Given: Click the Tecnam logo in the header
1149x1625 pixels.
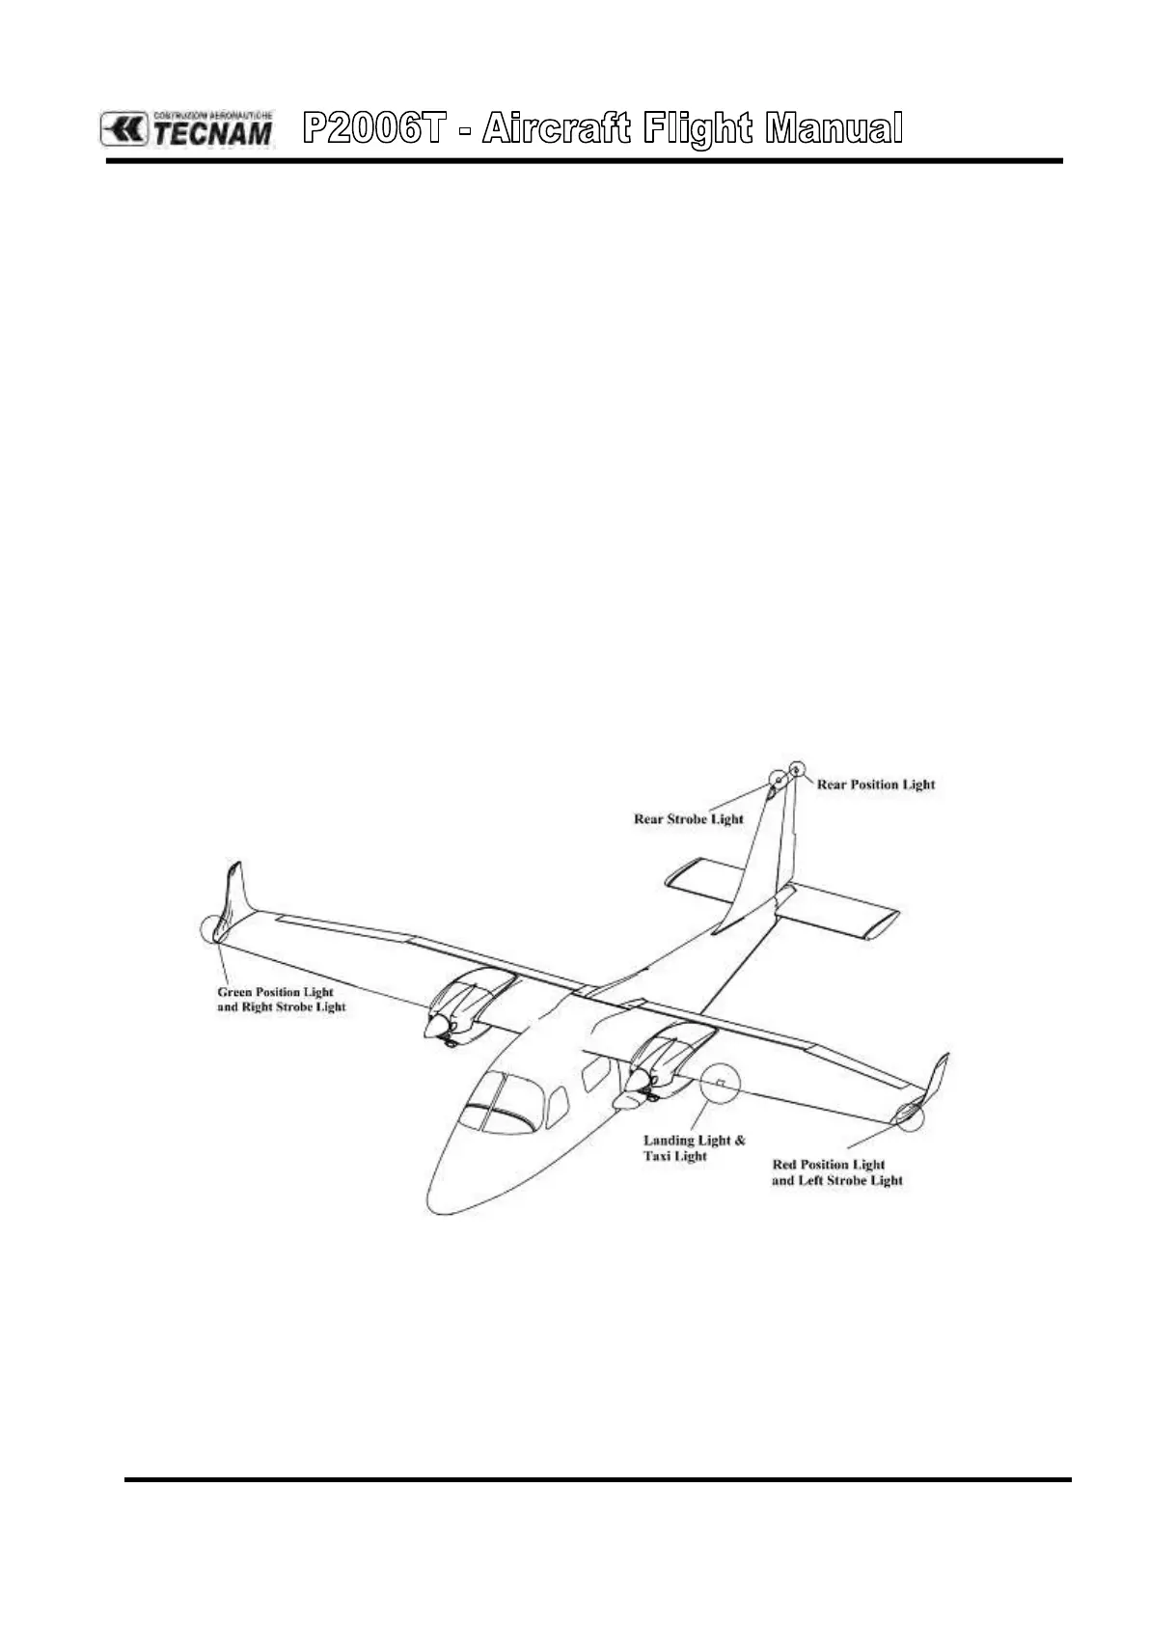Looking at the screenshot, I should point(187,128).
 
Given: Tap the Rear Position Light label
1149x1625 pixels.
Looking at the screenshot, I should point(876,785).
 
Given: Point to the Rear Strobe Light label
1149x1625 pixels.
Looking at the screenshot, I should point(688,819).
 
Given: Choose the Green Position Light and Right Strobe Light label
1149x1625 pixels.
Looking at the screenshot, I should point(281,1000).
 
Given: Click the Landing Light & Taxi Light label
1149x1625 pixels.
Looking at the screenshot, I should point(694,1148).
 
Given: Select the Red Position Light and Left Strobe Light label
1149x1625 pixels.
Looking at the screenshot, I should point(836,1172).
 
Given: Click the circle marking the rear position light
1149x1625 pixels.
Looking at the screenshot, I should point(796,769).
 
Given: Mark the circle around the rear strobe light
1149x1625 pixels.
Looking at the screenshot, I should point(778,779).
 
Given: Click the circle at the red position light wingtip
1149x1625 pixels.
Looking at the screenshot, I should point(909,1115).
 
